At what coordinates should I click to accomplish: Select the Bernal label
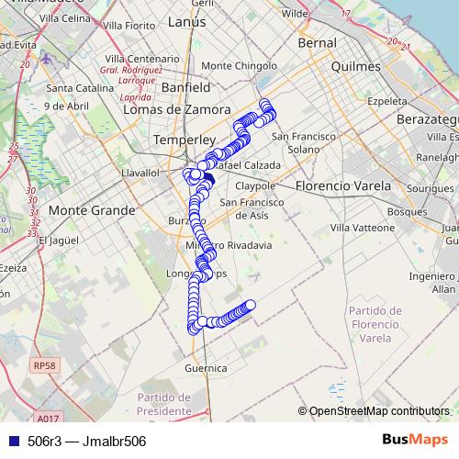click(317, 42)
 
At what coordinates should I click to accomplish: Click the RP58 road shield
click(43, 365)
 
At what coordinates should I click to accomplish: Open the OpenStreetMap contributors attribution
click(379, 411)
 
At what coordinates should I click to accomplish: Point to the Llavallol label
click(141, 172)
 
